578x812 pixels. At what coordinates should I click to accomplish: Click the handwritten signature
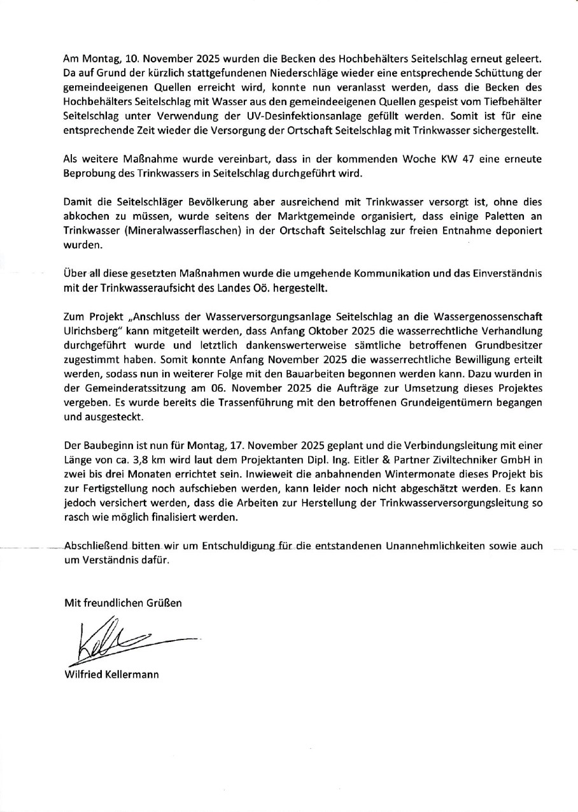tap(127, 639)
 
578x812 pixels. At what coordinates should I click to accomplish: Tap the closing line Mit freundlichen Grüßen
tap(123, 602)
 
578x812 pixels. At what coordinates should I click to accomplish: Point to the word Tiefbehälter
tap(515, 101)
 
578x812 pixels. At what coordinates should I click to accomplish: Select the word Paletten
tap(506, 216)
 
